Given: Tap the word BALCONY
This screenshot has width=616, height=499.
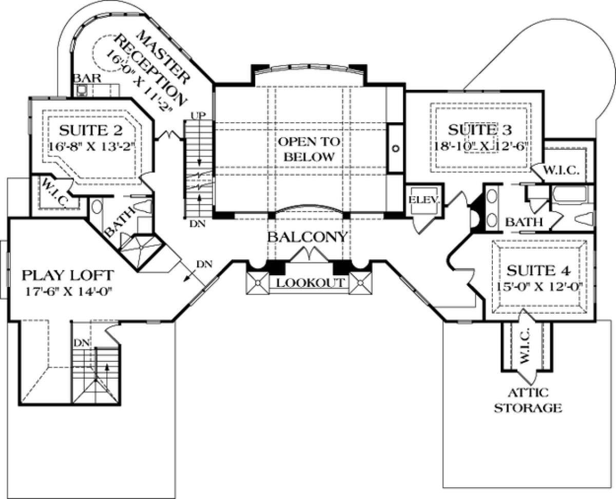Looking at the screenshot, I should (307, 237).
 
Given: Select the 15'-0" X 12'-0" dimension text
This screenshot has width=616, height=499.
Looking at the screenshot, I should (539, 286).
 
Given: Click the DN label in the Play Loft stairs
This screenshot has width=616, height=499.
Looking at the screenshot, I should (80, 341).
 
